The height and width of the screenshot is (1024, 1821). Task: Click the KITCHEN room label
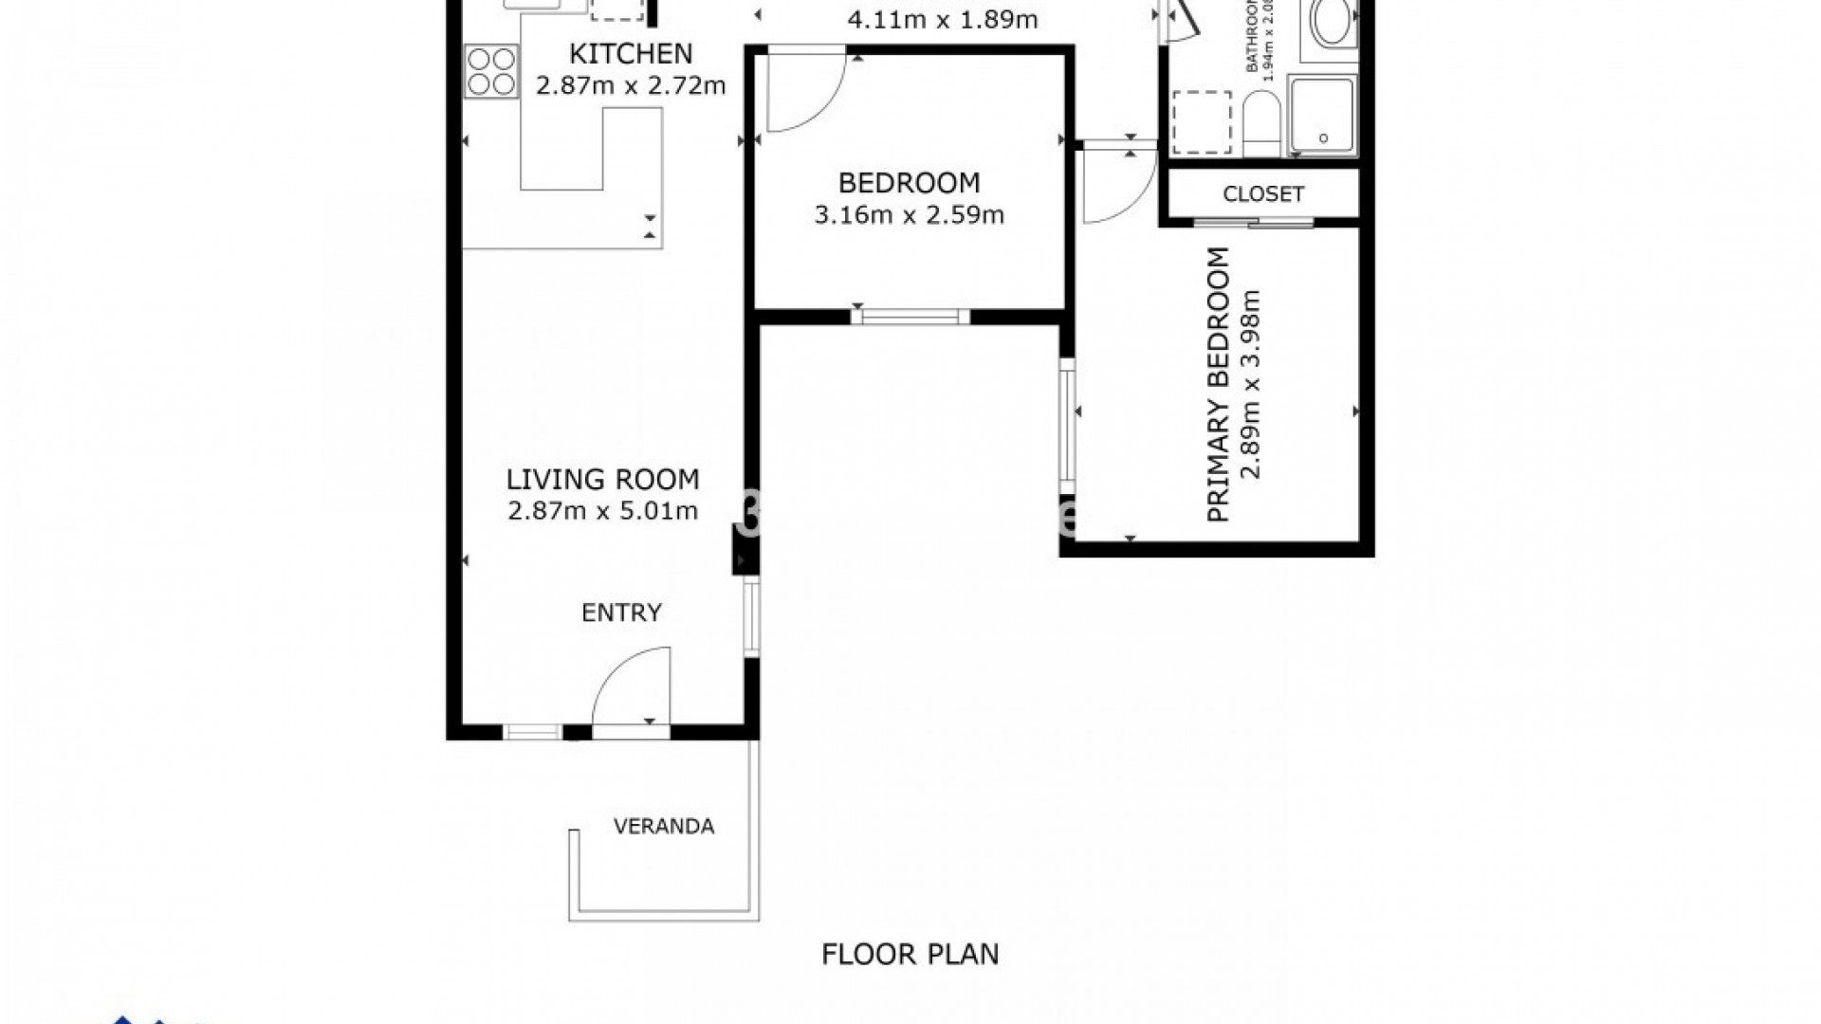coord(630,53)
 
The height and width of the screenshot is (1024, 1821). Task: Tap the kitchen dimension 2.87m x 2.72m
coord(630,86)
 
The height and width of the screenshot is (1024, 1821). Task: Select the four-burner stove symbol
coord(491,72)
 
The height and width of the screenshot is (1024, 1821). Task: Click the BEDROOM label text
coord(909,182)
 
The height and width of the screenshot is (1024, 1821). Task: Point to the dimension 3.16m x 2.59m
coord(909,215)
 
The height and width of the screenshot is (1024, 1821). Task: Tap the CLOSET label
coord(1262,193)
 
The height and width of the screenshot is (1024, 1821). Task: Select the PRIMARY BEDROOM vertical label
coord(1219,384)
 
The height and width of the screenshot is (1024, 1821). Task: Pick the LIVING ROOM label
coord(602,479)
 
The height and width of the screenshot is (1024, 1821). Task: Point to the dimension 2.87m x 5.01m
coord(602,512)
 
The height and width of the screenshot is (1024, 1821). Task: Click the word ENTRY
coord(621,613)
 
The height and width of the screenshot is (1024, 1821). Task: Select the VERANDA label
coord(663,827)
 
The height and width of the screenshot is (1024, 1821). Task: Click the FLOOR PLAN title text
coord(910,954)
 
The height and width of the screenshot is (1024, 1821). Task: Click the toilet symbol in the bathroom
coord(1260,123)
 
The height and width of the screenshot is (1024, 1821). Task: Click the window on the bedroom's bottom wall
coord(910,317)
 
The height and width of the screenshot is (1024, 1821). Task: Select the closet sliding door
coord(1253,223)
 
